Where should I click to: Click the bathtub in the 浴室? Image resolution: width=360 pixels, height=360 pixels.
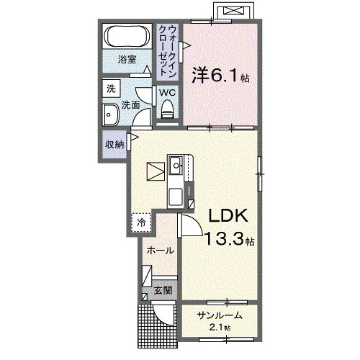127,36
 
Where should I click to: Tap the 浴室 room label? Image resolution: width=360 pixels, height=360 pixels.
127,60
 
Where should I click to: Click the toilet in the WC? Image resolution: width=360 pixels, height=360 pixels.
167,109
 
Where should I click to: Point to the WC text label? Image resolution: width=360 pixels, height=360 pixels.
168,93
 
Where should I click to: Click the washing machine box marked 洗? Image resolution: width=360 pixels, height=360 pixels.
111,89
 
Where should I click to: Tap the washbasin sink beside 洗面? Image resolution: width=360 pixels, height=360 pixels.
111,115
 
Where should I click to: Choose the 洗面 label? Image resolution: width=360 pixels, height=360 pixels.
130,105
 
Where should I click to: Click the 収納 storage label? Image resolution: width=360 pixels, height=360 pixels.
115,145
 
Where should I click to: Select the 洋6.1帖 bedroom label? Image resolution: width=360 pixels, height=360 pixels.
220,75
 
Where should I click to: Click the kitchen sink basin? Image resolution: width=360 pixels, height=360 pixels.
176,165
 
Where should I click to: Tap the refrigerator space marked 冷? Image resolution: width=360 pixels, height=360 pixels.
142,222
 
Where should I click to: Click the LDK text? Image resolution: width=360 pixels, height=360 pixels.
228,215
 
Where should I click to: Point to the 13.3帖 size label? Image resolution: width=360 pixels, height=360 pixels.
230,239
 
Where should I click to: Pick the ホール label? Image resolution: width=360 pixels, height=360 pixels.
161,251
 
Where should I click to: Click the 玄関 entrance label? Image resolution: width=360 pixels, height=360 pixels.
163,291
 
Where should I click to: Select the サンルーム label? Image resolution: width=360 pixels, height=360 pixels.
220,315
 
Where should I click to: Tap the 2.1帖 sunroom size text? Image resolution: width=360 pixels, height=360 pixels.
220,328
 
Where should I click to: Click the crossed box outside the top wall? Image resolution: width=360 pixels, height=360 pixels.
233,11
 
